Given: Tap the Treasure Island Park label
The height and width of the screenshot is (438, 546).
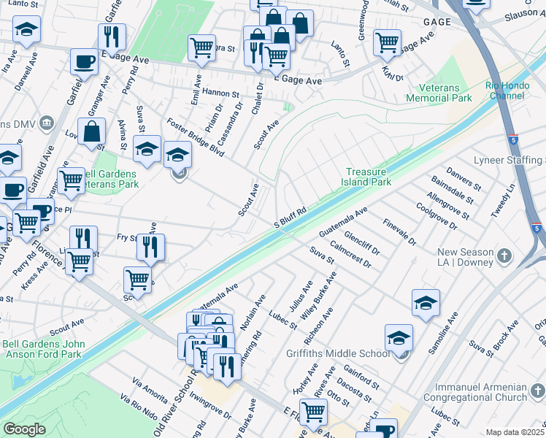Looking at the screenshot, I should click(x=369, y=177).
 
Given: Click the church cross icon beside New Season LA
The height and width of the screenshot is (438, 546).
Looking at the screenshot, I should click(x=504, y=255).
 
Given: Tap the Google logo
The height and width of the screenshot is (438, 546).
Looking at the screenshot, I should click(x=25, y=429).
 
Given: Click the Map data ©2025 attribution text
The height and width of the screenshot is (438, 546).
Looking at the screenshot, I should click(x=515, y=432).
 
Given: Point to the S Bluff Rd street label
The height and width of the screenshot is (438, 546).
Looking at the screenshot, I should click(x=289, y=218).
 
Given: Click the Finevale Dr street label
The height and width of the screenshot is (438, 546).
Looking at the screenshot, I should click(x=399, y=231).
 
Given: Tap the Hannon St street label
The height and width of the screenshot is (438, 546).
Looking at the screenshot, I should click(x=221, y=93).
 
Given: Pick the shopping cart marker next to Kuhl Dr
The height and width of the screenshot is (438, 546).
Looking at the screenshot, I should click(x=387, y=42).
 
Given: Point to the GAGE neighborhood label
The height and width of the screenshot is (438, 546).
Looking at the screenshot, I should click(x=437, y=23).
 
